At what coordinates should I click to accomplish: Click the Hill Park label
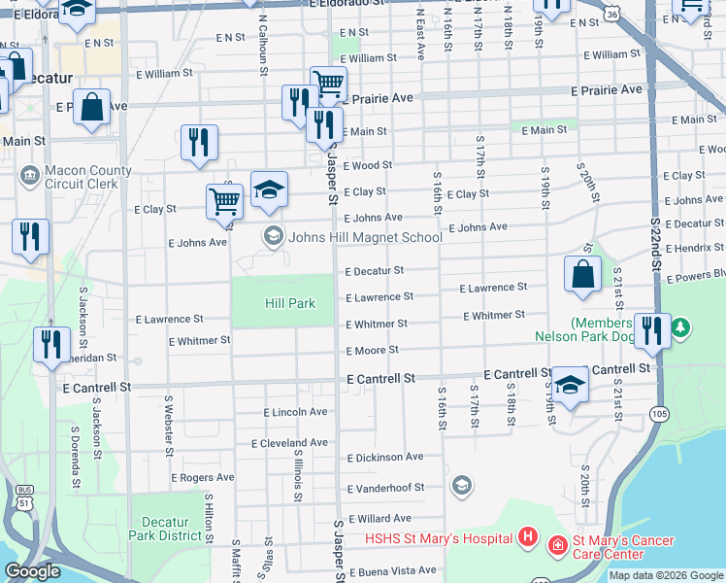[x=290, y=303]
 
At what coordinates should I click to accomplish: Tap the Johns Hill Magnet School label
[x=364, y=236]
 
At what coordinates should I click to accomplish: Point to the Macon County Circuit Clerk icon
[x=30, y=176]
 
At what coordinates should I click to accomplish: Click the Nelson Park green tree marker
[x=681, y=327]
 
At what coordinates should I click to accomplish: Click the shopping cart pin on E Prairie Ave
[x=328, y=84]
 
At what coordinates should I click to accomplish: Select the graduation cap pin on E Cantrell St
[x=570, y=383]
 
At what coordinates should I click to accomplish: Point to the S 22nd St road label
[x=655, y=243]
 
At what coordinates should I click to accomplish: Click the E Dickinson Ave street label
[x=385, y=457]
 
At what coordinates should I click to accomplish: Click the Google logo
[x=32, y=571]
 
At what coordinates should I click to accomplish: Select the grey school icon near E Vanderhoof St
[x=461, y=485]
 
